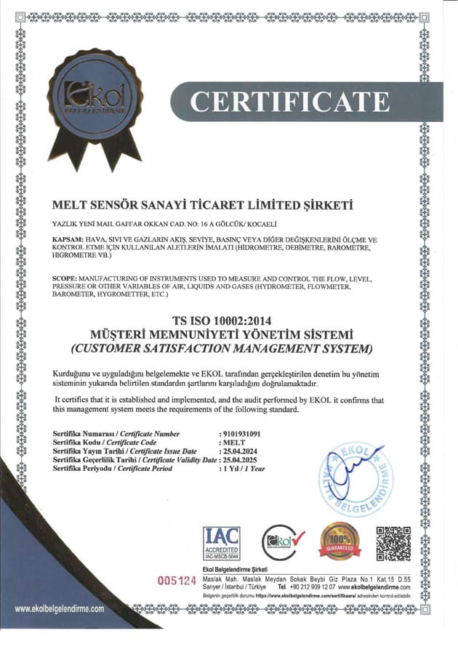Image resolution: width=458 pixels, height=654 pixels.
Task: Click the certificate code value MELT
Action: point(234,443)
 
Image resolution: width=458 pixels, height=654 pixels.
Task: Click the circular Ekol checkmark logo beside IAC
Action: point(281,542)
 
